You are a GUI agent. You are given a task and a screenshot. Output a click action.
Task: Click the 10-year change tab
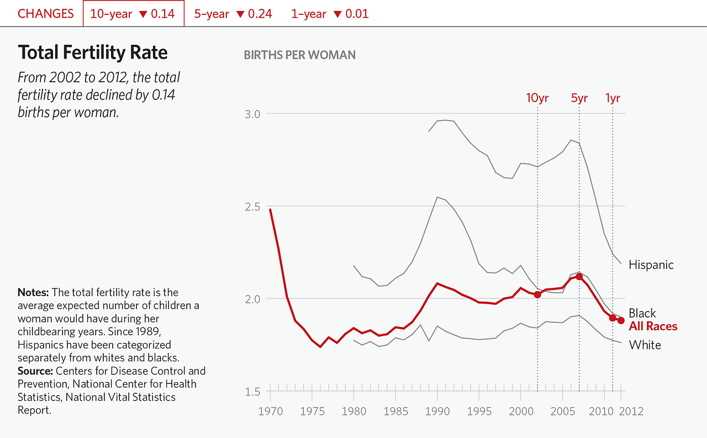133,14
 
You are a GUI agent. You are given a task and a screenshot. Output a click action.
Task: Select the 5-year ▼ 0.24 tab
233,14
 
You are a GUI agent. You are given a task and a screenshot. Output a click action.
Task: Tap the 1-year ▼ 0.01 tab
330,14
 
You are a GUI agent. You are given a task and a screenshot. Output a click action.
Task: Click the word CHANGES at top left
46,14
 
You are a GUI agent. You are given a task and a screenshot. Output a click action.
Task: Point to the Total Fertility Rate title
93,53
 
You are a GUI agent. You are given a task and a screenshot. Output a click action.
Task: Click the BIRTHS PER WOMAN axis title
299,55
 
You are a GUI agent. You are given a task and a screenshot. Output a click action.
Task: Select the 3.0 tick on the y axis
252,114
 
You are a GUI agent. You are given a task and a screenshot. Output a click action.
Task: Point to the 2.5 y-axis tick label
252,206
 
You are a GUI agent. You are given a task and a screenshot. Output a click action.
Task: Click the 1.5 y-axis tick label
252,392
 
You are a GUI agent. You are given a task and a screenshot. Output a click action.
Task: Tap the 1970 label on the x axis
270,411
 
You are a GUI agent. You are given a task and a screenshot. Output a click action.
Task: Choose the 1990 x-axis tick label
437,411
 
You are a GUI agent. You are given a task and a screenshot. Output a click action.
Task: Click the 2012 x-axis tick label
631,411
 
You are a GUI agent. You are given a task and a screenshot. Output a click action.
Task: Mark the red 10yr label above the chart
537,98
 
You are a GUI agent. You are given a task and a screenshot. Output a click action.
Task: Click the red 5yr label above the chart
579,98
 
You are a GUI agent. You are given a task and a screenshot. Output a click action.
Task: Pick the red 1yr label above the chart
613,98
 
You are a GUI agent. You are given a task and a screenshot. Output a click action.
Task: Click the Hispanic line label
651,265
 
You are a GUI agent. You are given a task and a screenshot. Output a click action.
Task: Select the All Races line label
653,326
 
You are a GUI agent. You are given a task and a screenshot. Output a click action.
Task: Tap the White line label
645,345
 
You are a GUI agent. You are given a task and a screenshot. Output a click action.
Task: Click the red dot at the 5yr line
579,276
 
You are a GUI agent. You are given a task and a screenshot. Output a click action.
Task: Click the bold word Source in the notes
35,371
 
